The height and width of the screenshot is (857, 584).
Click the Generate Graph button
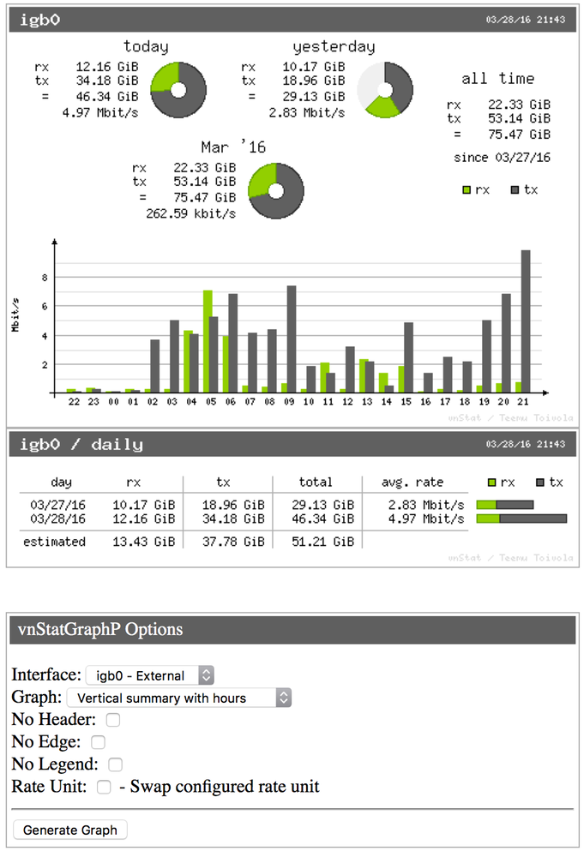click(70, 830)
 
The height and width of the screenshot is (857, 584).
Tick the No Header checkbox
click(113, 720)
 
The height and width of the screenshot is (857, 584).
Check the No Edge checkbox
click(99, 742)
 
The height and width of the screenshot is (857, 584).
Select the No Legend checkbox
click(115, 764)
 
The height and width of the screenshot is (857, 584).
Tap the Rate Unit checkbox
click(104, 787)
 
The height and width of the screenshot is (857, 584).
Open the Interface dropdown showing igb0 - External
click(149, 675)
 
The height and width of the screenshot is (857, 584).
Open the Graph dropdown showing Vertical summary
click(178, 698)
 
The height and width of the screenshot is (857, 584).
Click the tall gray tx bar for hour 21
click(526, 321)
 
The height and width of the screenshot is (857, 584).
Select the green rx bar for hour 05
click(208, 341)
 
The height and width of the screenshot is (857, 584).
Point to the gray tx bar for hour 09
click(292, 339)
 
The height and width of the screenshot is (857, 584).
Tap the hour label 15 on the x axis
click(405, 401)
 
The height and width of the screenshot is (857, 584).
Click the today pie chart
click(178, 89)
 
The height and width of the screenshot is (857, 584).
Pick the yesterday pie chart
click(384, 89)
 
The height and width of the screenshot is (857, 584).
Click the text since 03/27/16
click(502, 158)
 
